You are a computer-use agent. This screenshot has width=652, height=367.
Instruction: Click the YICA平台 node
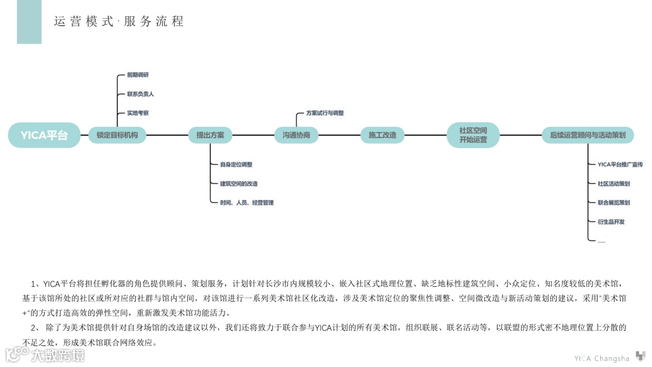pos(44,135)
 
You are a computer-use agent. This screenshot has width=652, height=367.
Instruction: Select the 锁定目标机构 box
pos(117,135)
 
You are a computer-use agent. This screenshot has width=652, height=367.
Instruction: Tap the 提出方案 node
pos(210,135)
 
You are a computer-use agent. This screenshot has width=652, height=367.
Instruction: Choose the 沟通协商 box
pos(296,135)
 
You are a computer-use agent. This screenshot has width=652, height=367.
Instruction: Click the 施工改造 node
pos(383,135)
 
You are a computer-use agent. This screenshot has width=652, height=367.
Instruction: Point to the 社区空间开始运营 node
pos(473,135)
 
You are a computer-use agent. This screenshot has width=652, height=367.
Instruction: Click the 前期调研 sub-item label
pos(138,75)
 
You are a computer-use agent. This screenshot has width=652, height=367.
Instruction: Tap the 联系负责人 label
pos(140,94)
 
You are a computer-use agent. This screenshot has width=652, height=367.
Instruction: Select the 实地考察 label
pos(138,113)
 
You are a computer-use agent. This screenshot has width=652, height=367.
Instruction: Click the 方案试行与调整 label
pos(325,113)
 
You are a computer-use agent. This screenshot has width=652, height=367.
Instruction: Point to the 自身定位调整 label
pos(236,164)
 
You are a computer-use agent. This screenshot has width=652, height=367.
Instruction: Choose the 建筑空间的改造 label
pos(238,183)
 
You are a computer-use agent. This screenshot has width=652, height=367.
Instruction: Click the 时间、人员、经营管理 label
pos(246,203)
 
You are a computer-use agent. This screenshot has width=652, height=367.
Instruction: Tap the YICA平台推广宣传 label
pos(620,164)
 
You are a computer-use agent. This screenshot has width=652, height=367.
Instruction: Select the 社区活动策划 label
pos(613,183)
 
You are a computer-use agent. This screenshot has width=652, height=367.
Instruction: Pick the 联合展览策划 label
pos(613,203)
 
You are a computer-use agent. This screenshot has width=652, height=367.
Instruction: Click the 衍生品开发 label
pos(611,222)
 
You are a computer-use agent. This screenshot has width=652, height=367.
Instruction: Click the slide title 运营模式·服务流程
pos(119,22)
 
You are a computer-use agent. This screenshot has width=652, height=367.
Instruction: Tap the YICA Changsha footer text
pos(601,359)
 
